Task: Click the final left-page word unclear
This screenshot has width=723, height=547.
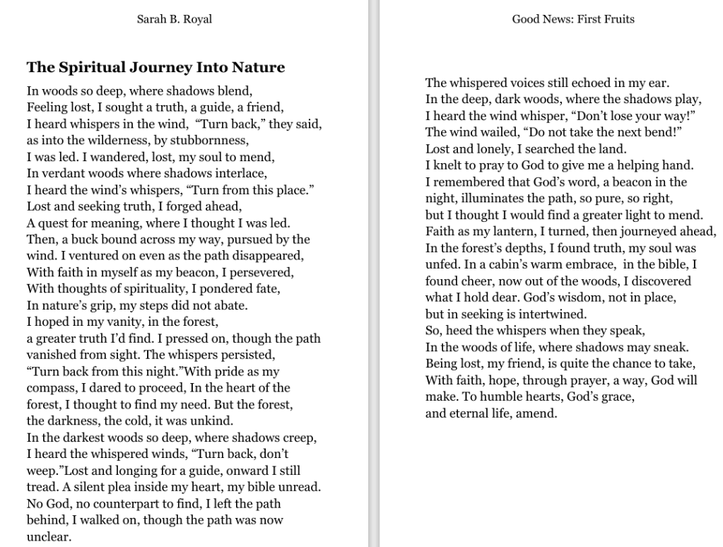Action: [49, 536]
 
